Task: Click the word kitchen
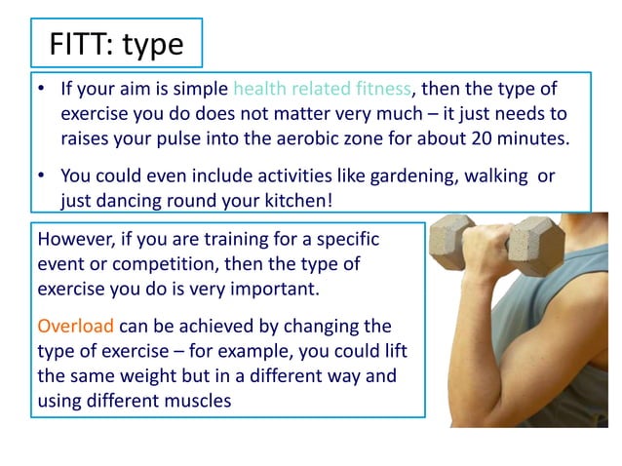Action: click(x=322, y=201)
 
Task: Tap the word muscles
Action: click(x=195, y=400)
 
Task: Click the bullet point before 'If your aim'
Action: click(x=42, y=90)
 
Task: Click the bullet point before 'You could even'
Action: click(x=42, y=176)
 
